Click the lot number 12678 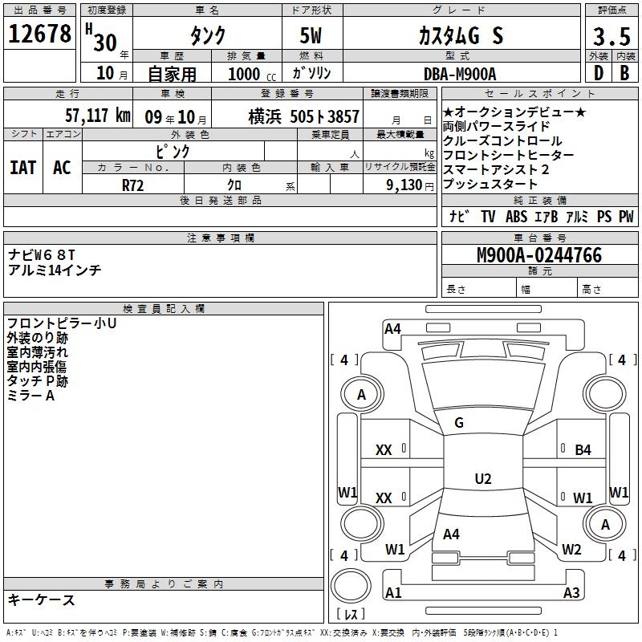(39, 33)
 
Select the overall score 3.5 (612, 36)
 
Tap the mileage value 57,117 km (98, 116)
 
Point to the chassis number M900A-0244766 (539, 255)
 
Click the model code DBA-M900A (460, 74)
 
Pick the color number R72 (132, 185)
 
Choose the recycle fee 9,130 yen (410, 185)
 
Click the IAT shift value (23, 168)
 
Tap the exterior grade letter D (599, 73)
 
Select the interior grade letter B (624, 73)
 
